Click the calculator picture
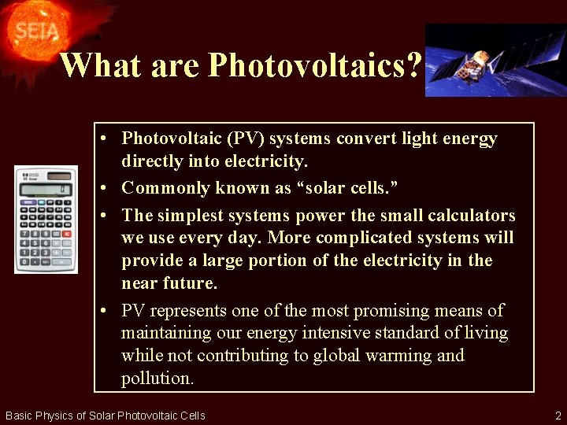(46, 220)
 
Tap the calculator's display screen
(46, 189)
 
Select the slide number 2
(557, 415)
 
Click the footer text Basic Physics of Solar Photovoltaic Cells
(105, 416)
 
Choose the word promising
(384, 311)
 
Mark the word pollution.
(156, 378)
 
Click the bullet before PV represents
(105, 311)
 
